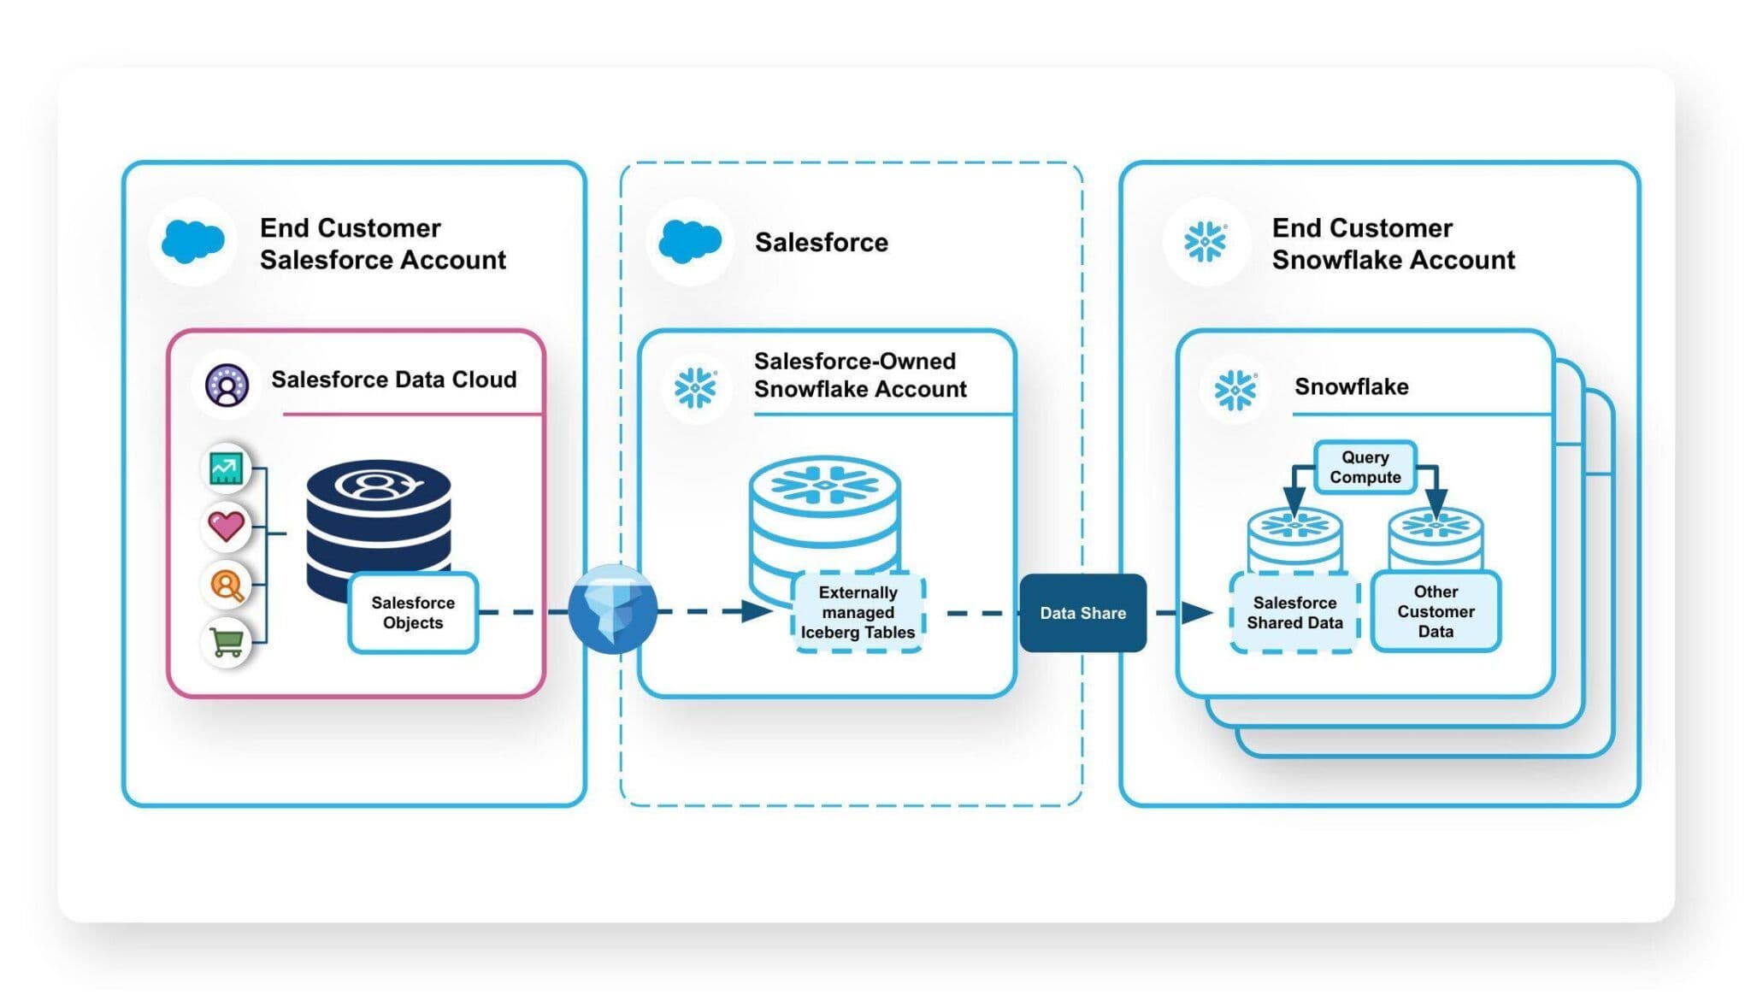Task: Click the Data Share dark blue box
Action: (1082, 613)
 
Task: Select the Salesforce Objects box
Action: (413, 613)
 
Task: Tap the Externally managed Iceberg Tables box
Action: (858, 613)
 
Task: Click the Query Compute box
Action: (1365, 467)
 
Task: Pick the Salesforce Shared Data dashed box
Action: (1294, 613)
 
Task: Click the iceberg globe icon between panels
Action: (613, 609)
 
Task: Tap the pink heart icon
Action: (227, 525)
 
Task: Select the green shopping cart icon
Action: (227, 642)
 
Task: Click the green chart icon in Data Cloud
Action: (226, 468)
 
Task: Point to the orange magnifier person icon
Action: (227, 585)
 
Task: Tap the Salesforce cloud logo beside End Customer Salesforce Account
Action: (193, 242)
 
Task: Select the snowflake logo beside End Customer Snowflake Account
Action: (1205, 242)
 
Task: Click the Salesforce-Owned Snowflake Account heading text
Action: (859, 375)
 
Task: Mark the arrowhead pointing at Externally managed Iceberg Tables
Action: (758, 611)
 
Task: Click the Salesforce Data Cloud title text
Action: (393, 380)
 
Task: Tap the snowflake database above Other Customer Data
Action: (1436, 535)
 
